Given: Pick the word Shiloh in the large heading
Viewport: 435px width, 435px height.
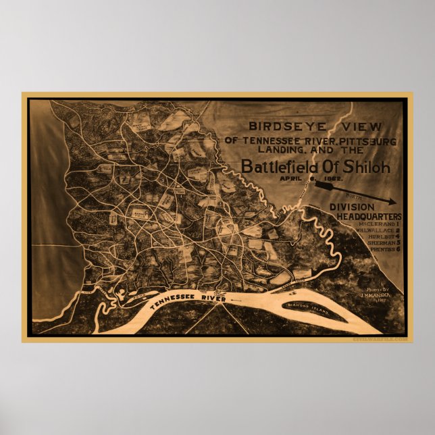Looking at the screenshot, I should click(365, 167).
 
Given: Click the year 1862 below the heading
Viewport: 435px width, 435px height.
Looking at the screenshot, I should click(333, 180).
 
